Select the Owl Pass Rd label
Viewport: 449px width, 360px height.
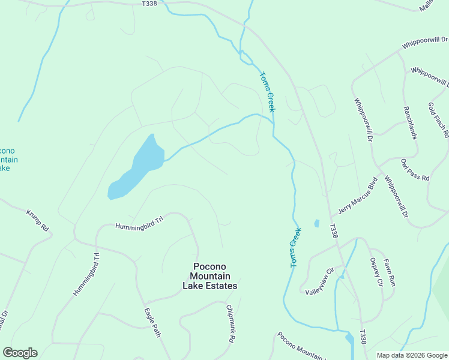tap(415, 170)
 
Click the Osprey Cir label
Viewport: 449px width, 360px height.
tap(376, 272)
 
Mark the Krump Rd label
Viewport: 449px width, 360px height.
tap(37, 221)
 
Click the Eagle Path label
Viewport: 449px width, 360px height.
tap(152, 322)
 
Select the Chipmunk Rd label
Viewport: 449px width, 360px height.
tap(231, 324)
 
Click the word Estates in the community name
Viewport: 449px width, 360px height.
tap(220, 286)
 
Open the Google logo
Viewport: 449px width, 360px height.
tap(20, 353)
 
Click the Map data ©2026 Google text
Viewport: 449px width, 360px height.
tap(412, 355)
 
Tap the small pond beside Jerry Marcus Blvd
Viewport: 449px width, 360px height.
tap(316, 224)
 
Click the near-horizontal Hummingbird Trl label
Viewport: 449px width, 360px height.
tap(139, 223)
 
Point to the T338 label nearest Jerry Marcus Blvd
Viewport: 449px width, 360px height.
tap(334, 231)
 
